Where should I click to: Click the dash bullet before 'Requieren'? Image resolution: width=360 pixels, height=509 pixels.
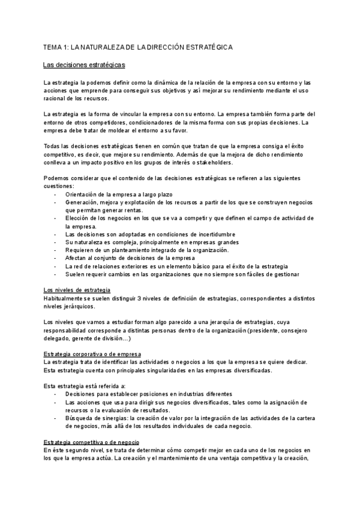[55, 250]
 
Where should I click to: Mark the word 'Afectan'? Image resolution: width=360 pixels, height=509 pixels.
[76, 258]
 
